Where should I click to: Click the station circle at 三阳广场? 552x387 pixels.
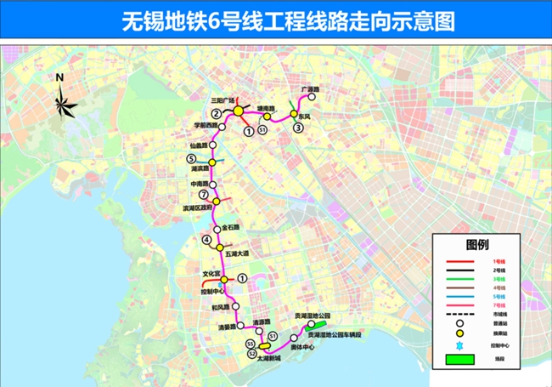coord(239,111)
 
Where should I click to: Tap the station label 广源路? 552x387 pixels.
coord(309,89)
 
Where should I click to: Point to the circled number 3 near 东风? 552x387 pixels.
coord(298,128)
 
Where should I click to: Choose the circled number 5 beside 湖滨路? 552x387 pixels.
coord(191,159)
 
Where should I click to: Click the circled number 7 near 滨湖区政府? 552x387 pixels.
coord(203,194)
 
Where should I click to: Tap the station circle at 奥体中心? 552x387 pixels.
coord(293,338)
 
